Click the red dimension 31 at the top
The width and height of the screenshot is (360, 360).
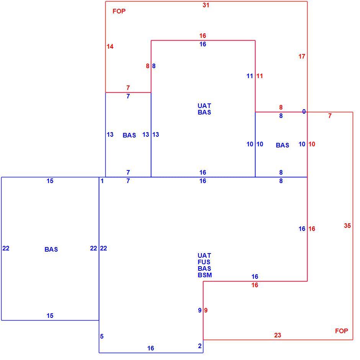[206, 5]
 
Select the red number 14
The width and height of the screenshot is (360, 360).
[110, 47]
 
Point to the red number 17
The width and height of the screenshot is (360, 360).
[302, 56]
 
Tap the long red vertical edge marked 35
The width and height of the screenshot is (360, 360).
[353, 226]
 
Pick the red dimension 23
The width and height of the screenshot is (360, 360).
[278, 335]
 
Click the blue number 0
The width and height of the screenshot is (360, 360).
[304, 111]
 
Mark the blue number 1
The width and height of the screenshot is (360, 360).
[102, 181]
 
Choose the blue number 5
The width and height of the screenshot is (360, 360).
[102, 336]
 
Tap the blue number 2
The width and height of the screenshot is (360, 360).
[200, 346]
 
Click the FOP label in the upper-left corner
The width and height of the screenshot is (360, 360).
[119, 11]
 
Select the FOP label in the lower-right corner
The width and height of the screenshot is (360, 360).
[341, 331]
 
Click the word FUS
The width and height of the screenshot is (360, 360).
[204, 262]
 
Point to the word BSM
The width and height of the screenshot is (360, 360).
[205, 275]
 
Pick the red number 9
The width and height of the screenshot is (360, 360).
[206, 311]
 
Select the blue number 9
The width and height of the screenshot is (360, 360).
[200, 311]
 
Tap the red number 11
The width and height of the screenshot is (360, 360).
[260, 76]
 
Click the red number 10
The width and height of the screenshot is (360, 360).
[312, 144]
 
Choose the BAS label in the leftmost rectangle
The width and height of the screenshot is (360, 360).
[51, 249]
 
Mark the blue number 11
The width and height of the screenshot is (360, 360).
[250, 76]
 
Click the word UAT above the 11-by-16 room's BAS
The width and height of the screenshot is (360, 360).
[205, 106]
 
